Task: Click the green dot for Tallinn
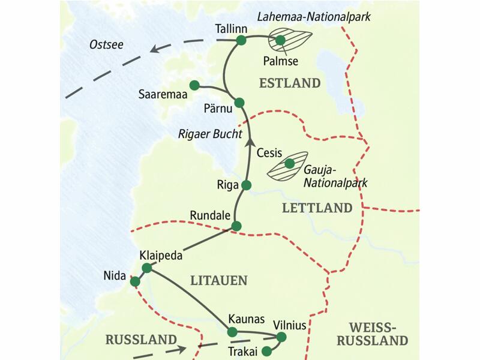click(x=241, y=40)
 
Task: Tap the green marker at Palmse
click(x=280, y=40)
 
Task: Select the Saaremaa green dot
click(x=194, y=85)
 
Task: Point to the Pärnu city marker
click(x=239, y=102)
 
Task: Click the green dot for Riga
click(x=245, y=185)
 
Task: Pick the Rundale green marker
click(x=236, y=226)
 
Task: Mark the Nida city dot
click(x=135, y=281)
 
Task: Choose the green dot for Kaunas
click(x=232, y=332)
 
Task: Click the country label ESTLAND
click(x=289, y=83)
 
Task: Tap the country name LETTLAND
click(x=316, y=208)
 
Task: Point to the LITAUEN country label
click(x=218, y=280)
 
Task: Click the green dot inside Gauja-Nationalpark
click(x=290, y=163)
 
